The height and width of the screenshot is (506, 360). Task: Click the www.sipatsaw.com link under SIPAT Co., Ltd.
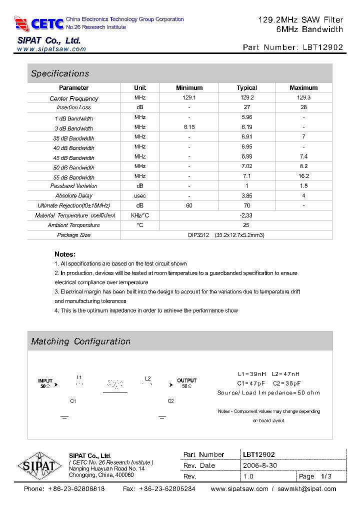coord(51,49)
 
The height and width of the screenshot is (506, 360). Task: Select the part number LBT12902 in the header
coord(323,47)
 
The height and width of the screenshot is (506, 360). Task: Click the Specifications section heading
coord(60,73)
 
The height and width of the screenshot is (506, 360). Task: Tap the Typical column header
coord(246,88)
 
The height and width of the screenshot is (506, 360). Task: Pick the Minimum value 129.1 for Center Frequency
coord(189,98)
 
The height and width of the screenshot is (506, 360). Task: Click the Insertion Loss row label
coord(74,107)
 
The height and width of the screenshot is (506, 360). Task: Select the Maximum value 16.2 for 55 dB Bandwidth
coord(303,176)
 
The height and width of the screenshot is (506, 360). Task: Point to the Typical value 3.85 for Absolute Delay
coord(246,195)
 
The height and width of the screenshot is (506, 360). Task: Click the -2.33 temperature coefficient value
coord(246,215)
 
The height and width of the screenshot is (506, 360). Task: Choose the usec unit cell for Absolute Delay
coord(140,195)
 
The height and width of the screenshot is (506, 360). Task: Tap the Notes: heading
coord(65,254)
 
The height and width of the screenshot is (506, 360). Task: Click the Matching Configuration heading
coord(80,341)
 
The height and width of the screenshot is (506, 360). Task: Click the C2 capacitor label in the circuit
coord(170,401)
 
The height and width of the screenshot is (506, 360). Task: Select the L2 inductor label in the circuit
coord(147,378)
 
